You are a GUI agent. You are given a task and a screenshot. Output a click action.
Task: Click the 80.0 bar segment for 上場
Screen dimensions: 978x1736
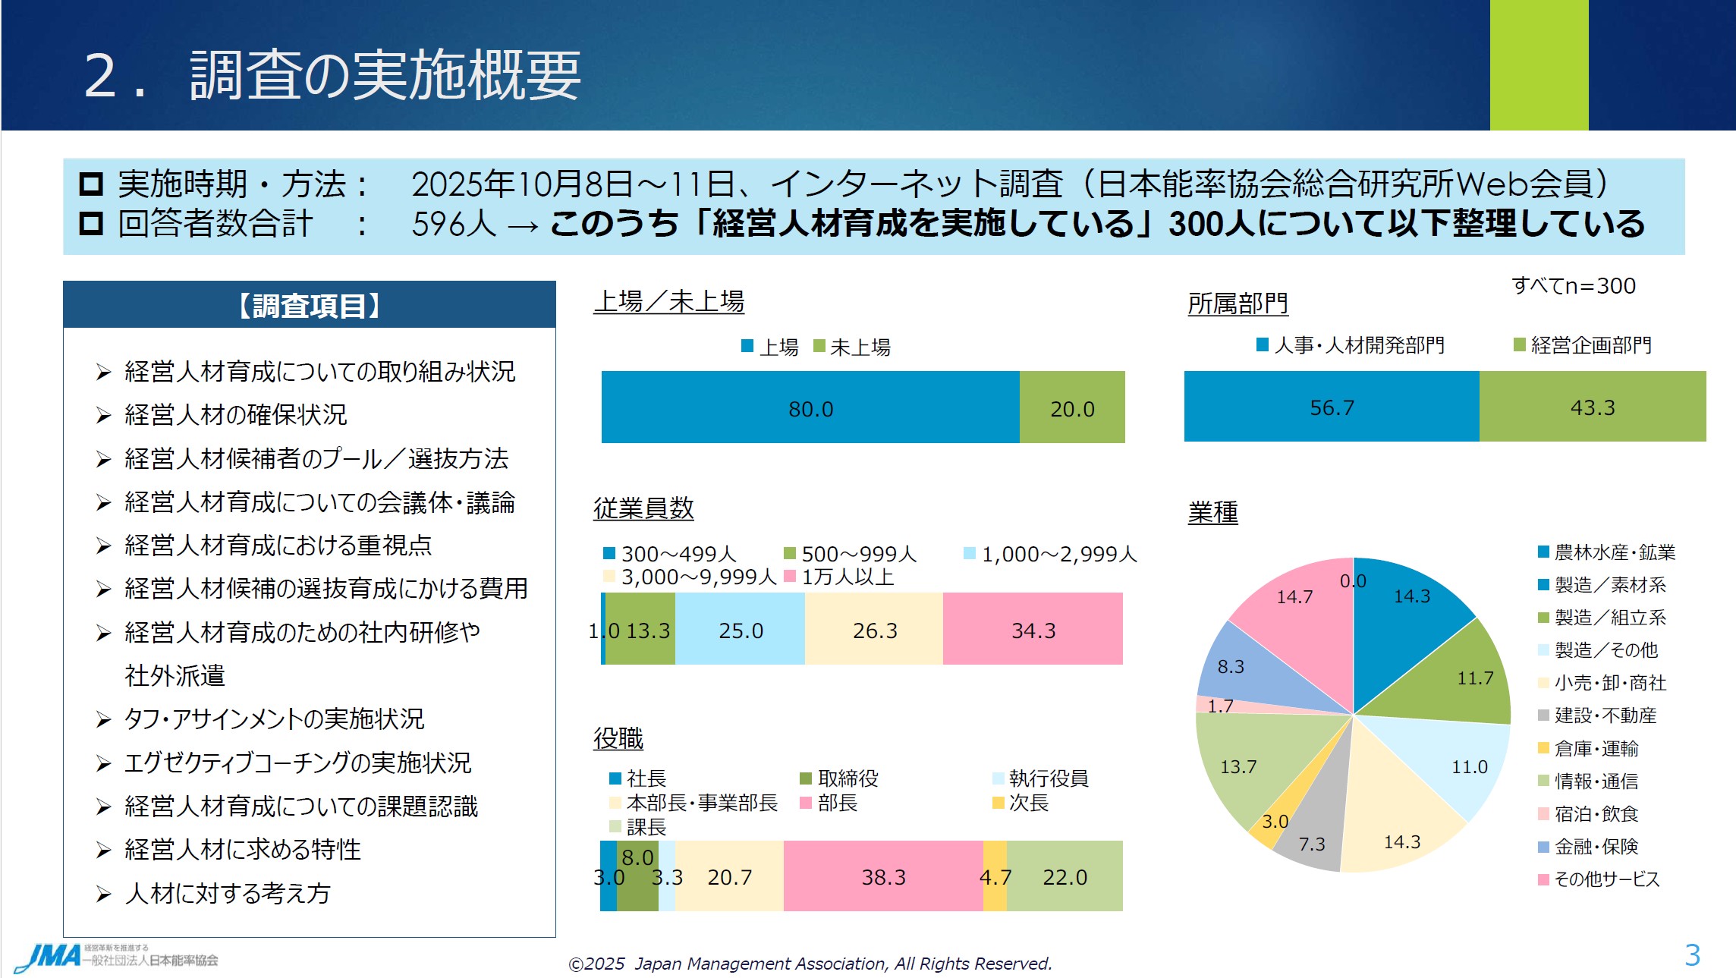pyautogui.click(x=810, y=407)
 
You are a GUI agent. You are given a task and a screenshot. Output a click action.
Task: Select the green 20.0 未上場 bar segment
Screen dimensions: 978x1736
pyautogui.click(x=1071, y=407)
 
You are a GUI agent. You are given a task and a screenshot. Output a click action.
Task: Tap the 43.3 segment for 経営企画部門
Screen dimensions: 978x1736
pyautogui.click(x=1592, y=407)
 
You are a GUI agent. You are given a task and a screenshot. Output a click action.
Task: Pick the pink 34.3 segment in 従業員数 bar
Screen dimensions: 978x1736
pyautogui.click(x=1033, y=630)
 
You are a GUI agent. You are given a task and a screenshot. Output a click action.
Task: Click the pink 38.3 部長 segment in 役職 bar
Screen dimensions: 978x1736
pyautogui.click(x=882, y=876)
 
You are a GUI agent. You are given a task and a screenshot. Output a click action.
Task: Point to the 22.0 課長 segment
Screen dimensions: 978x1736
pyautogui.click(x=1065, y=876)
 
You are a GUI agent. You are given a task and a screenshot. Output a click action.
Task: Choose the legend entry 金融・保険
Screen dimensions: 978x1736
pyautogui.click(x=1595, y=846)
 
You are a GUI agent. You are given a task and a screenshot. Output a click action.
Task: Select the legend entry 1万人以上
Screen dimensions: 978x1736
pyautogui.click(x=847, y=577)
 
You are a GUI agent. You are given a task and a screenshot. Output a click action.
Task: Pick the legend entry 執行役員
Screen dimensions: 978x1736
pyautogui.click(x=1048, y=778)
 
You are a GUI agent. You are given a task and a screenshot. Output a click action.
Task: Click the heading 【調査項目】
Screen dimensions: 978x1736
pyautogui.click(x=309, y=305)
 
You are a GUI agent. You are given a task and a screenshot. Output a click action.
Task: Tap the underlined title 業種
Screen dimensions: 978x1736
pyautogui.click(x=1212, y=512)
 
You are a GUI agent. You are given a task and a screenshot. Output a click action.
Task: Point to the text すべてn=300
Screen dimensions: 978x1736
pyautogui.click(x=1573, y=285)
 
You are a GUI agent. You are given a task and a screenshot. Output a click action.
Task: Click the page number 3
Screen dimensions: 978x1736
pyautogui.click(x=1692, y=954)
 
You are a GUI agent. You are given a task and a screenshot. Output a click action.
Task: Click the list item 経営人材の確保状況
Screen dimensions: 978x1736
pyautogui.click(x=235, y=414)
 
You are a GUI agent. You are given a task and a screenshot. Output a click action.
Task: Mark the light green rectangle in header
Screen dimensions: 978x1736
pyautogui.click(x=1539, y=65)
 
